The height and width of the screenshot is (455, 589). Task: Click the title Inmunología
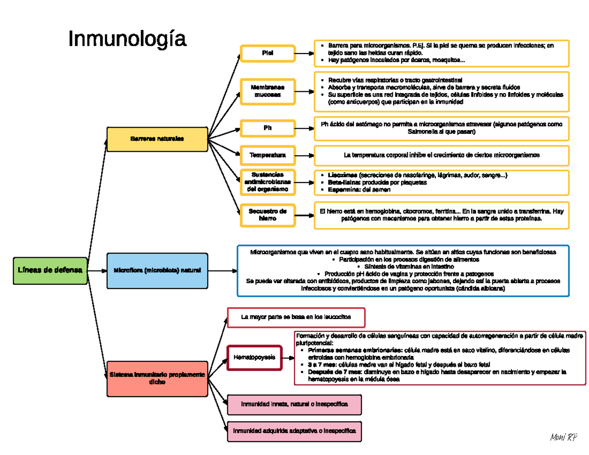pos(127,39)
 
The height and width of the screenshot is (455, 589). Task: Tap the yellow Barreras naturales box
pos(157,139)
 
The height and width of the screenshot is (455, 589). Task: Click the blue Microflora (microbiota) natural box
pos(157,270)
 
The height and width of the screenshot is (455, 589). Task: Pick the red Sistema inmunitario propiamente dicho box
pos(157,378)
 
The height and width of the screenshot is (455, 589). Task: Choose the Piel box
pos(268,53)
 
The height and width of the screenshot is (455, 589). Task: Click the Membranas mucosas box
pos(268,91)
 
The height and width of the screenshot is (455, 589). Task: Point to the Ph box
pos(268,128)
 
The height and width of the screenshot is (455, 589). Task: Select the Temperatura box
pos(268,155)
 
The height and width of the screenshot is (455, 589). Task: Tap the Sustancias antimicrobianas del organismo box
pos(268,182)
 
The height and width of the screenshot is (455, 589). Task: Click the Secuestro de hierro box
pos(268,214)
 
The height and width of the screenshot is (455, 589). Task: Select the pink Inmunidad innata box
pos(294,404)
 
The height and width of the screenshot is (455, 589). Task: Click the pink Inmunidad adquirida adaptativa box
pos(294,431)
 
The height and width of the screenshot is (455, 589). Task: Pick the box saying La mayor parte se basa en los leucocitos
pos(296,317)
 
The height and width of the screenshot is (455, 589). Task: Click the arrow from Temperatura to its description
pos(304,155)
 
